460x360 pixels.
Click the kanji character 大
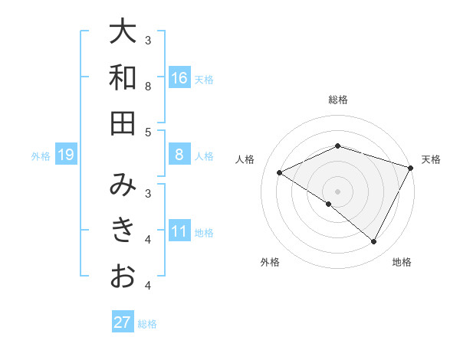point(123,32)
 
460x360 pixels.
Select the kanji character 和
point(123,77)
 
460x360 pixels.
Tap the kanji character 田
point(123,123)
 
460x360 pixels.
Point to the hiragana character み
point(123,185)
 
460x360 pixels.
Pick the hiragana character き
point(123,231)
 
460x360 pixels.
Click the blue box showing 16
point(179,78)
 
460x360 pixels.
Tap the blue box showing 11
point(179,231)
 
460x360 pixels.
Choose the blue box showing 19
point(65,155)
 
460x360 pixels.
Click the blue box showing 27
point(122,322)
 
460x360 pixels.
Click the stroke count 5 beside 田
point(148,132)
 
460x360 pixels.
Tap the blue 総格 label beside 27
point(147,323)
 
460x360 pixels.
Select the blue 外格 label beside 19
point(41,156)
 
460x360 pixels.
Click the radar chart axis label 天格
point(431,159)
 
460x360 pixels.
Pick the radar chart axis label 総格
point(337,100)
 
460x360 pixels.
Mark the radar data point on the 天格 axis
point(411,167)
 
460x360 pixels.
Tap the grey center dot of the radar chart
point(337,191)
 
